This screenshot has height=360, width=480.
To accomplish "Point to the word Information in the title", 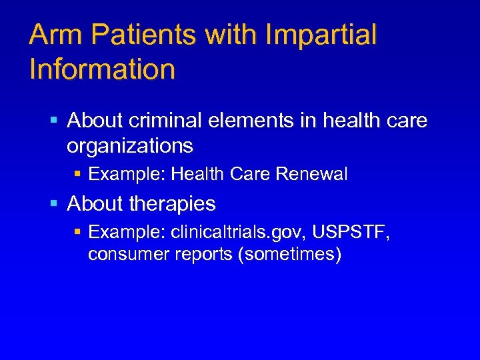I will tap(102, 69).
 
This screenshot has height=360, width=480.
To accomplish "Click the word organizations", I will tap(130, 145).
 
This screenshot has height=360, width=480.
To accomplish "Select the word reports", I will tap(199, 254).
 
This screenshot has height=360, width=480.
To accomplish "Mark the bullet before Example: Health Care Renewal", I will tap(77, 175).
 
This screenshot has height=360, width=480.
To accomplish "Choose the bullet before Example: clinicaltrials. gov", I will tap(77, 232).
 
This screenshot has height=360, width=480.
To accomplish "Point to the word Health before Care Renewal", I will tap(198, 175).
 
